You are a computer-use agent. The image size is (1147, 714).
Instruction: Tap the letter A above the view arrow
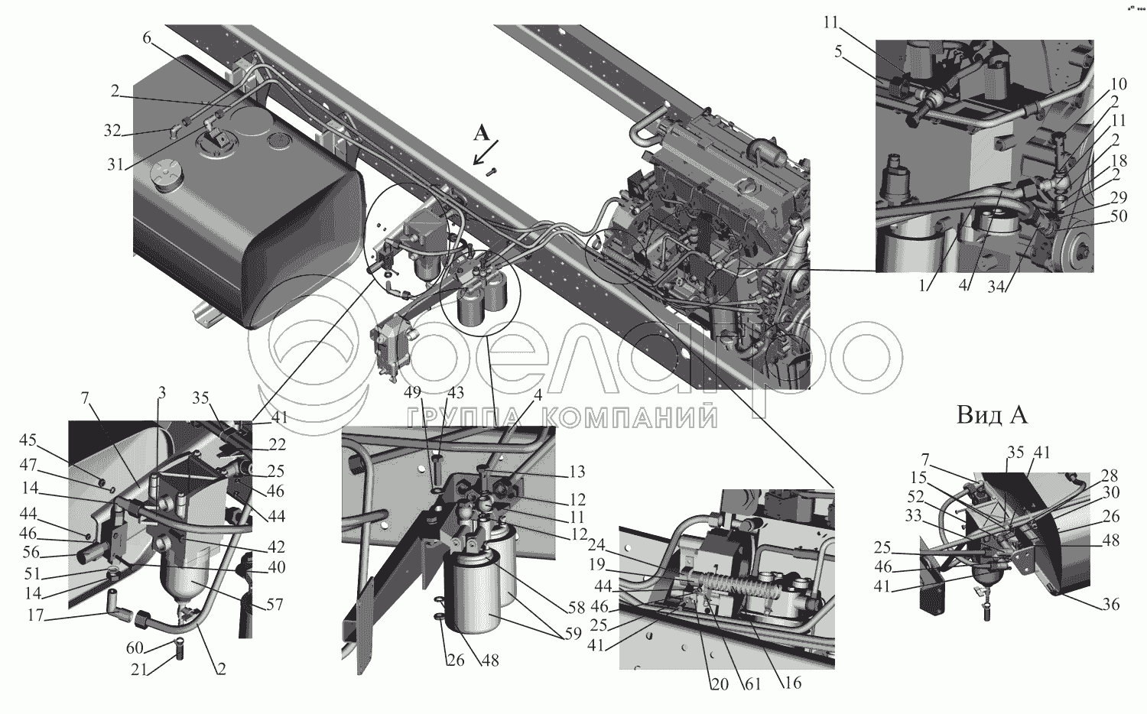click(x=481, y=134)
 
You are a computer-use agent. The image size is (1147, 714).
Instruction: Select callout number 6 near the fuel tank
click(x=147, y=38)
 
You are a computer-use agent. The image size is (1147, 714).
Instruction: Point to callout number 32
click(x=112, y=131)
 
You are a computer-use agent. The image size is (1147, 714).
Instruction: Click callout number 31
click(x=115, y=164)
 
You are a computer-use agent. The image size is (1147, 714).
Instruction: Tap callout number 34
click(x=996, y=287)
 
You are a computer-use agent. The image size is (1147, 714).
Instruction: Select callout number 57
click(x=275, y=605)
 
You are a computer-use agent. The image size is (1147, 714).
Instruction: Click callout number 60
click(x=135, y=648)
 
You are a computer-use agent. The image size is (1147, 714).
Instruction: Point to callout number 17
click(x=36, y=615)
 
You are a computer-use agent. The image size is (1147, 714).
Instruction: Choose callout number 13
click(x=577, y=472)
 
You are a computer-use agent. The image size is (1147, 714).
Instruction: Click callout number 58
click(x=576, y=608)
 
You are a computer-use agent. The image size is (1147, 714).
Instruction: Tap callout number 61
click(x=752, y=684)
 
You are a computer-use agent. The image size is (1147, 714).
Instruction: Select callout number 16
click(x=793, y=682)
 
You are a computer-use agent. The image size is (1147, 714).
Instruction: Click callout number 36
click(x=1111, y=605)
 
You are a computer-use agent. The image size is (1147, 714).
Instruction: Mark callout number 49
click(x=412, y=393)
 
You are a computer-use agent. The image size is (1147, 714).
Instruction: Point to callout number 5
click(x=838, y=52)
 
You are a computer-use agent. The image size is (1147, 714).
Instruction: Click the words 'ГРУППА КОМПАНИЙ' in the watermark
click(x=562, y=417)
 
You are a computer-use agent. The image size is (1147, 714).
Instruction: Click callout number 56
click(x=31, y=552)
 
